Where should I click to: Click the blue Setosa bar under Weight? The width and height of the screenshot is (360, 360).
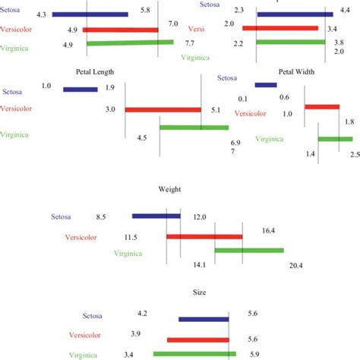click(x=156, y=216)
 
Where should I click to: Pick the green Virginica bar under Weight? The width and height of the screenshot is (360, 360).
click(x=248, y=250)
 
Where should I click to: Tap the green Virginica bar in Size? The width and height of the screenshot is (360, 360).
click(x=194, y=353)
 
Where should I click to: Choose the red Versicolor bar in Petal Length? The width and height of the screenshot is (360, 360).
click(x=163, y=109)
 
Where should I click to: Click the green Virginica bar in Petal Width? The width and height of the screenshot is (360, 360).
click(x=336, y=139)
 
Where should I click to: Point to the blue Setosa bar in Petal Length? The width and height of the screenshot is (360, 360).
click(x=80, y=90)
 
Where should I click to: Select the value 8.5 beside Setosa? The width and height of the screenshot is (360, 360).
click(x=100, y=217)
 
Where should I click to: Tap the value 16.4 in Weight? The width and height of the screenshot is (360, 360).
click(x=268, y=229)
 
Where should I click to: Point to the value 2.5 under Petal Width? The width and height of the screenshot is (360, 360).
click(x=353, y=155)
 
